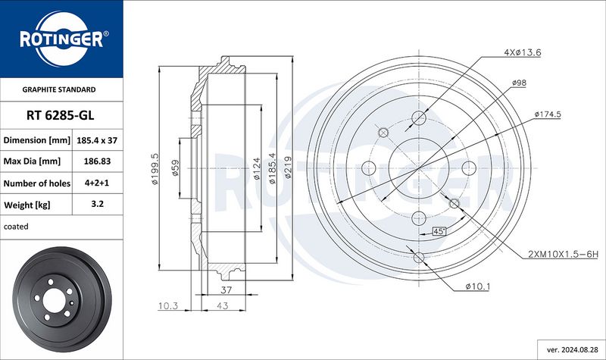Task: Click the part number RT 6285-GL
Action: tap(61, 115)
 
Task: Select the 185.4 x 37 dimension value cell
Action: tap(97, 140)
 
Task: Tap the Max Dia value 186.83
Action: tap(97, 161)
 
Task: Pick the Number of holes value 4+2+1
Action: tap(97, 183)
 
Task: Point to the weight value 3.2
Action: tap(97, 204)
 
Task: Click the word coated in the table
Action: tap(16, 227)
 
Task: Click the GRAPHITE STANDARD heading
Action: tap(59, 89)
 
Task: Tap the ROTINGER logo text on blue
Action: tap(61, 39)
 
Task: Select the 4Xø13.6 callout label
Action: tap(522, 52)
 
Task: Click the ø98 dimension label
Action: tap(519, 83)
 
